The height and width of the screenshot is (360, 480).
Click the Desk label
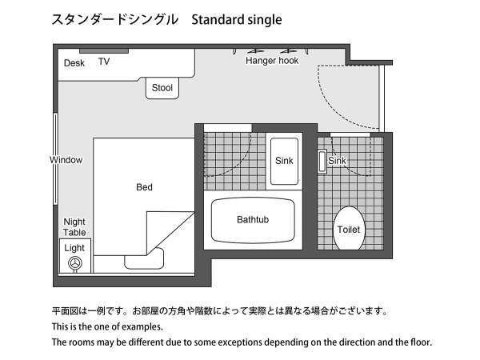pyautogui.click(x=74, y=63)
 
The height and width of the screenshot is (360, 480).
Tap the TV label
pyautogui.click(x=104, y=62)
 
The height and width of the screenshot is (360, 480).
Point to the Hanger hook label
pyautogui.click(x=272, y=61)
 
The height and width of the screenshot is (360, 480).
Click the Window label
pyautogui.click(x=66, y=160)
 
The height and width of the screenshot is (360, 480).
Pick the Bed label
pyautogui.click(x=144, y=187)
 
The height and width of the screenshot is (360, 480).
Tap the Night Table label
pyautogui.click(x=74, y=227)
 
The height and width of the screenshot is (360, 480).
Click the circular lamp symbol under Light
pyautogui.click(x=75, y=263)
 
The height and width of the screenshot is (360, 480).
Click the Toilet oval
pyautogui.click(x=348, y=229)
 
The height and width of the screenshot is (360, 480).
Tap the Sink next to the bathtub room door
pyautogui.click(x=284, y=161)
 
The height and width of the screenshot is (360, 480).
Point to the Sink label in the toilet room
pyautogui.click(x=338, y=161)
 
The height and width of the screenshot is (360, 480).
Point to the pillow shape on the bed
pyautogui.click(x=145, y=258)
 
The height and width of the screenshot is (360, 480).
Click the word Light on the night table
pyautogui.click(x=74, y=248)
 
